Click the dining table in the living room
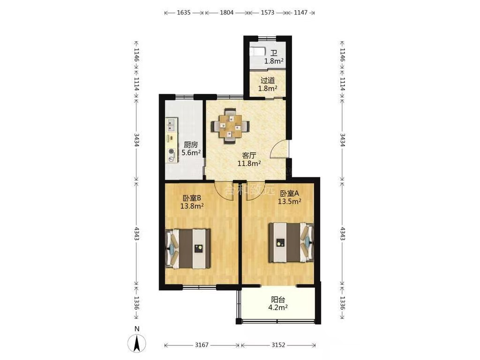click(x=230, y=126)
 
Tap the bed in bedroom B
click(x=187, y=248)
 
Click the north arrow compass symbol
click(x=137, y=343)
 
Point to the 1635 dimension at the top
click(x=184, y=13)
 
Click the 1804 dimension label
click(x=227, y=13)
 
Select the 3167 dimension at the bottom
click(x=202, y=345)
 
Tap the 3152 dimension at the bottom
click(x=278, y=345)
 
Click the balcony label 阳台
click(x=278, y=300)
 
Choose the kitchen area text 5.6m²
click(x=191, y=152)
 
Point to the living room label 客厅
click(x=249, y=155)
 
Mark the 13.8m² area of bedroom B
click(x=192, y=206)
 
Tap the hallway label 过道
click(x=268, y=81)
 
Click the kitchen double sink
click(x=171, y=125)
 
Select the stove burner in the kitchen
click(x=171, y=151)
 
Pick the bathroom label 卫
click(x=274, y=53)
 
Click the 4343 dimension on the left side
click(x=136, y=233)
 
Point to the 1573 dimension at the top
click(x=267, y=13)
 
